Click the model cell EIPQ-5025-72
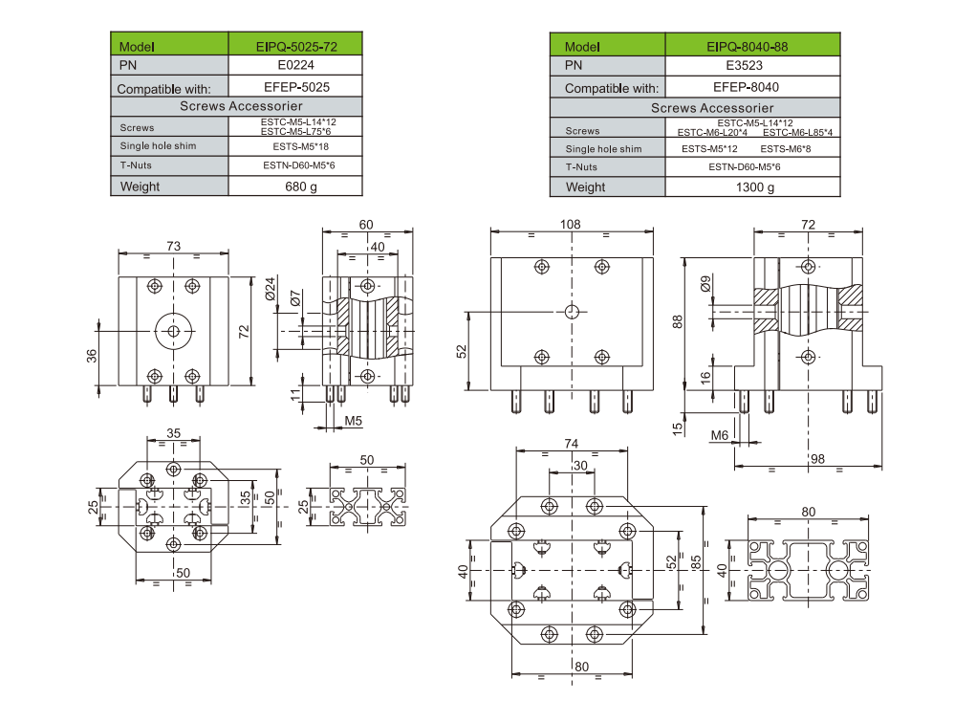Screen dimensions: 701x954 tap(295, 45)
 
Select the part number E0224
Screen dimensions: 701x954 tap(295, 66)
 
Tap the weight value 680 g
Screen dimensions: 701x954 tap(295, 186)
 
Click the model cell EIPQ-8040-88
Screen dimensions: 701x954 tap(741, 46)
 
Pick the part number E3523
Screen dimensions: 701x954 tap(741, 66)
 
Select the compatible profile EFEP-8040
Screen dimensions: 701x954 tap(741, 87)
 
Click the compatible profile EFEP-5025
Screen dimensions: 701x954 tap(295, 87)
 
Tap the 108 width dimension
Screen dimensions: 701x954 tap(572, 224)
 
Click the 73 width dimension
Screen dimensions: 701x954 tap(174, 246)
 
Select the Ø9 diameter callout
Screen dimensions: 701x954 tap(705, 283)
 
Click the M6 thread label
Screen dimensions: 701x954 tap(720, 436)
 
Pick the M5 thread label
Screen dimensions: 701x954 tap(353, 420)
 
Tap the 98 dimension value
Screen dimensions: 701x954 tap(817, 459)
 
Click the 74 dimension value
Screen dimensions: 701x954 tap(572, 444)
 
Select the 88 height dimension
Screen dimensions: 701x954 tap(679, 322)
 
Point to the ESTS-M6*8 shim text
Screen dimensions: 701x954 tap(786, 148)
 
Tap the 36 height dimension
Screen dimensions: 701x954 tap(92, 355)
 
